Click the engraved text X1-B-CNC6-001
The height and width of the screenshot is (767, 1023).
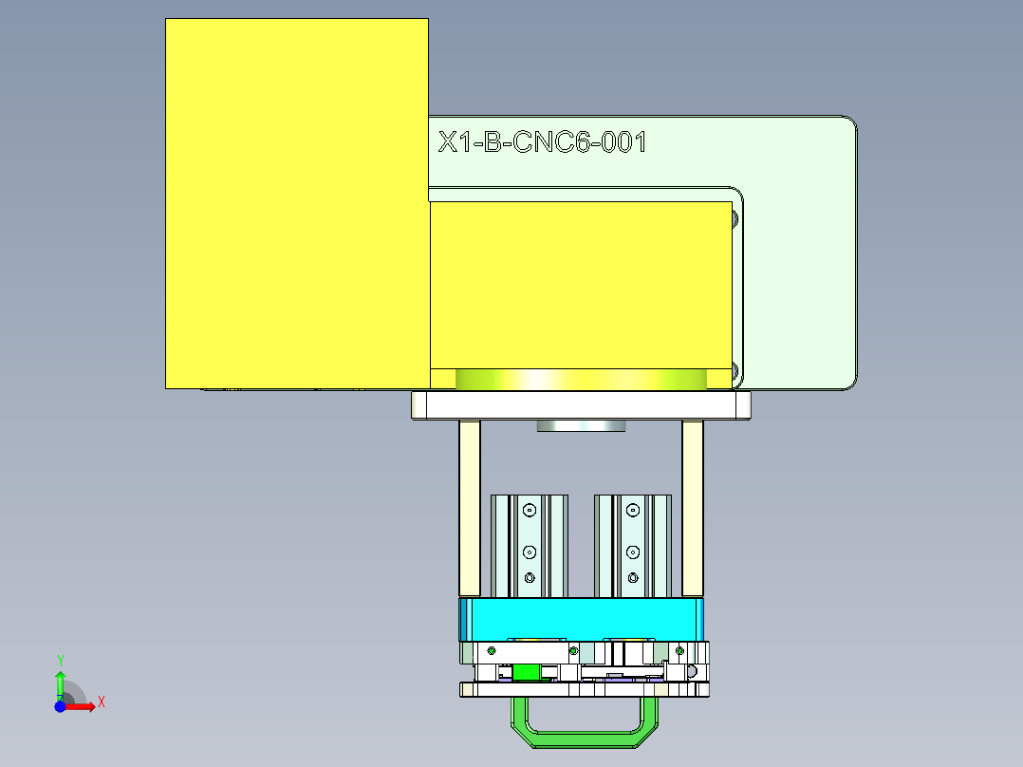[x=542, y=143]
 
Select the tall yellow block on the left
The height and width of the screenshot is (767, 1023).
[x=296, y=203]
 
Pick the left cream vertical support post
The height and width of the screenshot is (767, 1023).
[x=470, y=508]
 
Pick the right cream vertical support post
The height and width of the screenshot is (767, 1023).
[x=693, y=508]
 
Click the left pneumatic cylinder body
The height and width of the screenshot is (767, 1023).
[x=529, y=546]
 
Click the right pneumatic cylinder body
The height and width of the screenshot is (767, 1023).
[x=633, y=546]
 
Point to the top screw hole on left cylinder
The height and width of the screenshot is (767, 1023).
[x=530, y=510]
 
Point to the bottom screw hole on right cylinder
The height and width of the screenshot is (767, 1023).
[x=633, y=577]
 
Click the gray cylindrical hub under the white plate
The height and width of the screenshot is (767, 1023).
[x=581, y=425]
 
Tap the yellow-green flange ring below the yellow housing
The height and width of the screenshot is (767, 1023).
[x=581, y=380]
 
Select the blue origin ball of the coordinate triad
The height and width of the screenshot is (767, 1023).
[x=60, y=707]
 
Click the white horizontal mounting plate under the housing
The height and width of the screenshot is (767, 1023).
[x=581, y=406]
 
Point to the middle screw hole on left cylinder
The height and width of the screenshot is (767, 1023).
[x=530, y=551]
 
